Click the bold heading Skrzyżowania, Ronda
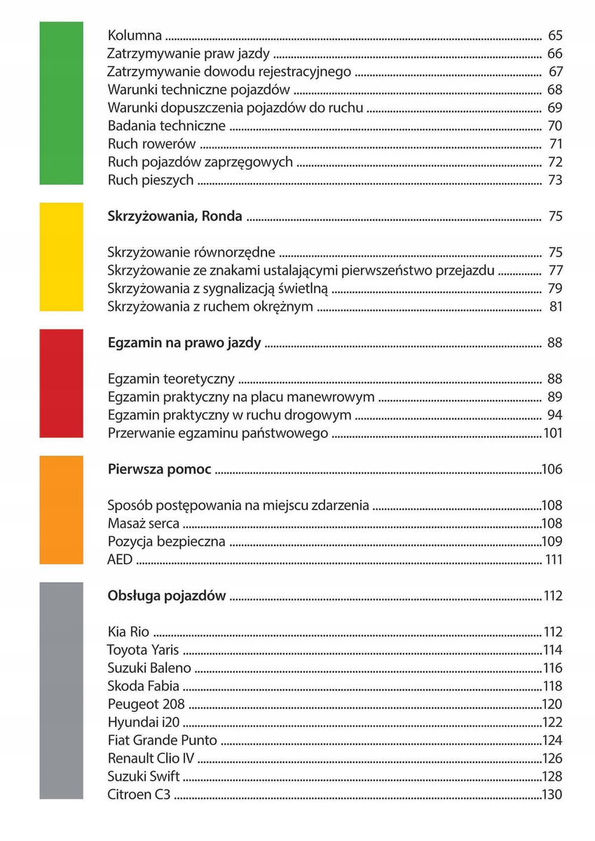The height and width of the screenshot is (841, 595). [x=175, y=217]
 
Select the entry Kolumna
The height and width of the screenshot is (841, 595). [x=135, y=35]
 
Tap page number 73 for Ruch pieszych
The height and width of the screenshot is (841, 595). [x=554, y=180]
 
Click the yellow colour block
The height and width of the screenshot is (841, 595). [x=61, y=257]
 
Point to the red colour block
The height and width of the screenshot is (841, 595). [x=61, y=383]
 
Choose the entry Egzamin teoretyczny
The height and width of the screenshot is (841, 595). [x=171, y=379]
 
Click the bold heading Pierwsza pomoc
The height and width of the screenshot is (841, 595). [x=159, y=470]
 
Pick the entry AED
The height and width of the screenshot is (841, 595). [x=120, y=559]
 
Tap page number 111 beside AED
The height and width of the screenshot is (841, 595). [x=553, y=559]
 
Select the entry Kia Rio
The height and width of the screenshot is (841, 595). [x=129, y=631]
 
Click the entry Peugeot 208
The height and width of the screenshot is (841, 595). [x=146, y=704]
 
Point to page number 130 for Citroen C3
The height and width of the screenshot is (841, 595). [x=552, y=795]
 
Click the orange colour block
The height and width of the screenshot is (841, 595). [x=61, y=510]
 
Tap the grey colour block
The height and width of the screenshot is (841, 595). [x=61, y=690]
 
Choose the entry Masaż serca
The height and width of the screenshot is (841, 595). [x=144, y=524]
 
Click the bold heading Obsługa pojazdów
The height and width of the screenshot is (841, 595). [x=167, y=596]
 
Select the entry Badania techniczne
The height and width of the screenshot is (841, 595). [x=167, y=126]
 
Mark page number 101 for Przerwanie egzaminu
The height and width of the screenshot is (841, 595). [x=552, y=433]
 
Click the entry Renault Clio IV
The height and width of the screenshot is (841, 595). [x=151, y=758]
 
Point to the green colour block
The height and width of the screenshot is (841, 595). [x=61, y=103]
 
